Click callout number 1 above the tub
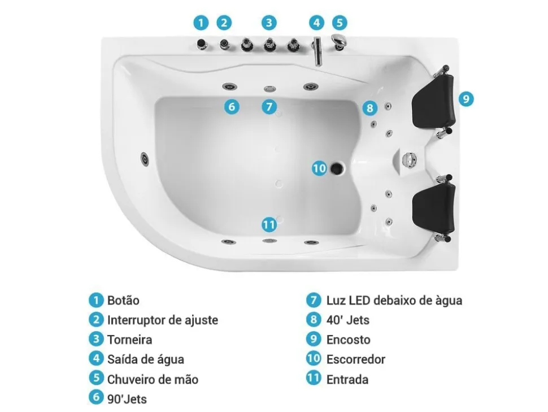coord(201,23)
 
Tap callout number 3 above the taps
coord(269,23)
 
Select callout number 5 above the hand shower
coord(340,23)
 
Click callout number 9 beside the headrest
coord(466,99)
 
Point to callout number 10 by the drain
coord(319,168)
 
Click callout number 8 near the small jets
coord(370,108)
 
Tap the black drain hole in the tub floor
coord(337,168)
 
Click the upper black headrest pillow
coord(433,100)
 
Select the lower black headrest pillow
coord(433,208)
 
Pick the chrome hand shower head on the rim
coord(338,42)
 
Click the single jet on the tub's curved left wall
coord(145,159)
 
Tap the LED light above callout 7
coord(269,89)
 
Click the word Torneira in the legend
coord(130,340)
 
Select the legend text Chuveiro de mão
coord(153,379)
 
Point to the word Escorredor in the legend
coord(356,359)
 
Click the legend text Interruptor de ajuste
coord(163,320)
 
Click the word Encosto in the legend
coord(349,340)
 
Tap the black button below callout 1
coord(202,44)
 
